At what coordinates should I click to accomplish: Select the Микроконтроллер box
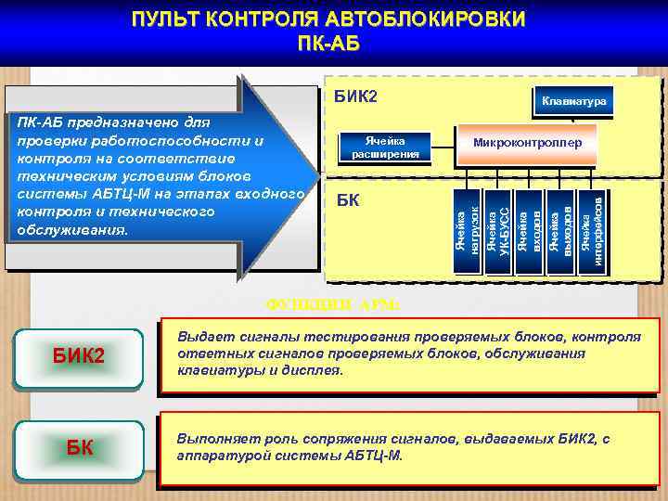(527, 144)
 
